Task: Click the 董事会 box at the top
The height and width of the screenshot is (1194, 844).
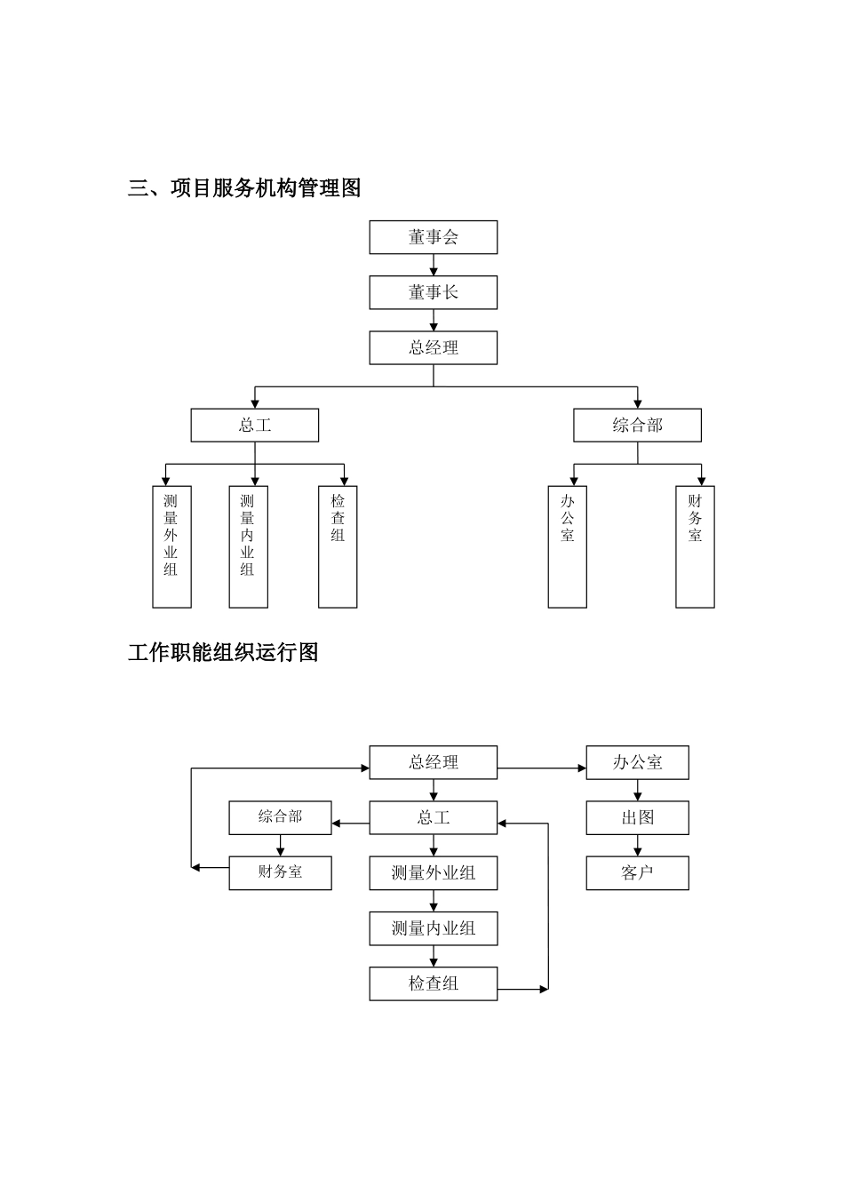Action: click(433, 237)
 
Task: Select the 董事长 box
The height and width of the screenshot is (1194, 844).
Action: click(433, 292)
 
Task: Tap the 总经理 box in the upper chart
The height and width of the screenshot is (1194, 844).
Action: click(433, 347)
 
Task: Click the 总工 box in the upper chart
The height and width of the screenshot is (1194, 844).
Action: click(254, 425)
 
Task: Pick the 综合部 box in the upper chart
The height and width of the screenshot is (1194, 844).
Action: click(637, 425)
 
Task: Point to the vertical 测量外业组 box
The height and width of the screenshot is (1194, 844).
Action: click(171, 546)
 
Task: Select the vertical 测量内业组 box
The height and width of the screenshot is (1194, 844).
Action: click(248, 546)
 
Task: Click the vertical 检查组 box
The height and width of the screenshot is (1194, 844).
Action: click(338, 546)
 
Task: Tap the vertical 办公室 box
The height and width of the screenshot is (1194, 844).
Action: click(567, 546)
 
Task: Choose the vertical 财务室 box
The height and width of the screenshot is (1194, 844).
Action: click(695, 546)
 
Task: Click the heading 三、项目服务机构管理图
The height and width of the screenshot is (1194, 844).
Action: click(244, 187)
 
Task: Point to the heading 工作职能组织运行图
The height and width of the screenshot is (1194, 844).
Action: click(223, 652)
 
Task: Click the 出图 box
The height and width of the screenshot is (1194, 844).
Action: click(637, 817)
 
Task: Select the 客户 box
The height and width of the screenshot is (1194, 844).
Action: click(637, 872)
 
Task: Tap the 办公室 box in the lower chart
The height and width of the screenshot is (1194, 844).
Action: click(637, 762)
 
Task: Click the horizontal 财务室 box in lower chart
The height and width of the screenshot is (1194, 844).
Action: click(280, 872)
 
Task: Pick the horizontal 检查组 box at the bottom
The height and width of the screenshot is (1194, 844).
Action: click(433, 983)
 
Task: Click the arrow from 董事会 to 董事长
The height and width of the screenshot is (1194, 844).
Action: click(434, 265)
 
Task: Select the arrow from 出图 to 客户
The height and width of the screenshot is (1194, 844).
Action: click(637, 845)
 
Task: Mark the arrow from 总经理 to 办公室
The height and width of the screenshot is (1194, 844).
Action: click(541, 768)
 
